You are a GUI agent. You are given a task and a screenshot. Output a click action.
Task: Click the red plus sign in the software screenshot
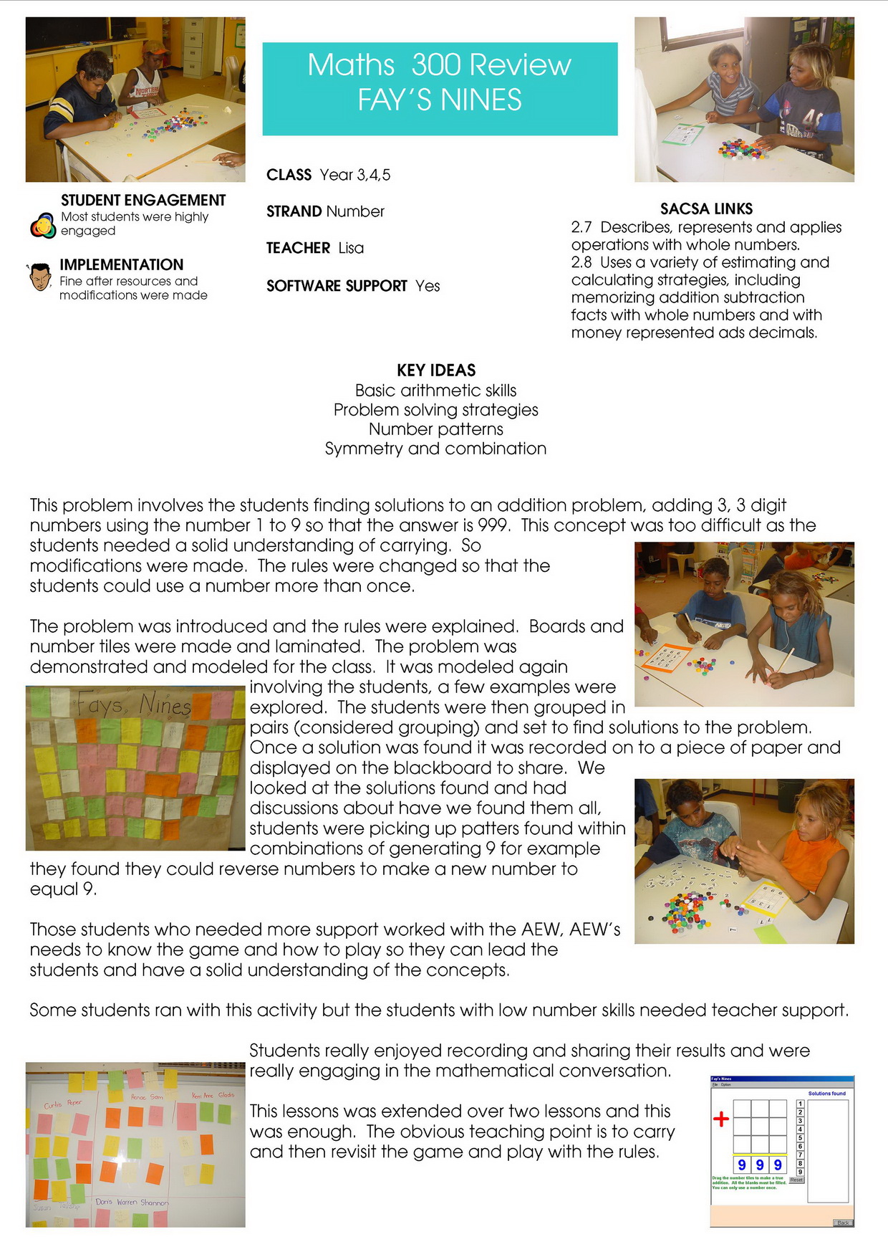point(720,1119)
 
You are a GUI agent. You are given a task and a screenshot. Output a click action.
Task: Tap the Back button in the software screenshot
point(843,1223)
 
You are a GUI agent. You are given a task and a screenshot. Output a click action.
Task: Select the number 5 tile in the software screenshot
point(800,1137)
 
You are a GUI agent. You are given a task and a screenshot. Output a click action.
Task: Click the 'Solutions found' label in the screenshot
point(826,1094)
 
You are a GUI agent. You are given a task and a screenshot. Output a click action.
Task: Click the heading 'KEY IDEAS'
point(436,371)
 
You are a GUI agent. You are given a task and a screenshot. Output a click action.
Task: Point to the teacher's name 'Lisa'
point(351,248)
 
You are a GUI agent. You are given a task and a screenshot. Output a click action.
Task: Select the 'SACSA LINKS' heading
point(706,209)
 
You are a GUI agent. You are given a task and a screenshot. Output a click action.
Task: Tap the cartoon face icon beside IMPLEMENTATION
point(40,277)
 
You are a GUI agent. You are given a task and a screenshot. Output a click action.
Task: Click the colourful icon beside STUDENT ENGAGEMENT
point(43,226)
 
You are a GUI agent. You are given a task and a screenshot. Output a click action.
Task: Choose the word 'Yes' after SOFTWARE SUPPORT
point(428,286)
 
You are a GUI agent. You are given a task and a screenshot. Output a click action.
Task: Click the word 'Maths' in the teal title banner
point(351,65)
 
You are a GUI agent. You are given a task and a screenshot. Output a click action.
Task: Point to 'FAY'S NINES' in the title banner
point(440,100)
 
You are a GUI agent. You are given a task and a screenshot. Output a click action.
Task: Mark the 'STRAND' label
point(294,211)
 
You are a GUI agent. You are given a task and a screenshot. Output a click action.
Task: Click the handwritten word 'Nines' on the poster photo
point(165,705)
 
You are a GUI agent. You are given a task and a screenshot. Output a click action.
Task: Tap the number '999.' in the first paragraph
point(494,525)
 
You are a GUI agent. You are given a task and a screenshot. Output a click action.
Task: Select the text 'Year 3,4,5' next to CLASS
point(355,175)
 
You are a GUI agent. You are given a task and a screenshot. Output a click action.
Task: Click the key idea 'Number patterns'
point(435,429)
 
